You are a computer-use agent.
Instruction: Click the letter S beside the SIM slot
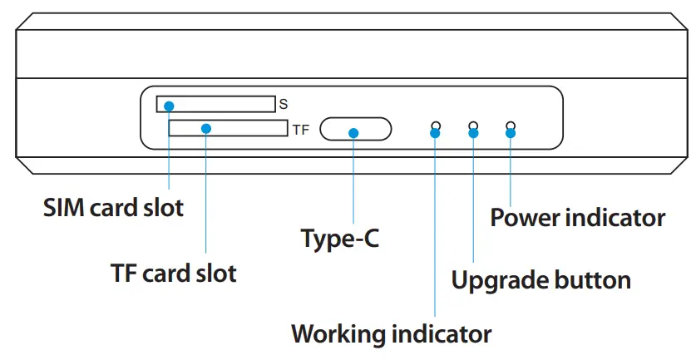tap(283, 105)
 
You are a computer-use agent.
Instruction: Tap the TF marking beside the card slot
tap(299, 130)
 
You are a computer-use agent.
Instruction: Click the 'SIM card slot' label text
tap(113, 207)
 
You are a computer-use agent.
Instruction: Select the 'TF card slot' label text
tap(173, 273)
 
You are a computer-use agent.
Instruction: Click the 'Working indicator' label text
tap(391, 334)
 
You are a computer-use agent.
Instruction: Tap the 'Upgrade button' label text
tap(541, 279)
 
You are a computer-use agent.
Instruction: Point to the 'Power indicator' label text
tap(577, 218)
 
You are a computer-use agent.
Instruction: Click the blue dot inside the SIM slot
tap(169, 106)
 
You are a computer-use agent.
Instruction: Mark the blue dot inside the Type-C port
tap(353, 133)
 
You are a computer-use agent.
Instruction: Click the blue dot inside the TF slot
tap(206, 128)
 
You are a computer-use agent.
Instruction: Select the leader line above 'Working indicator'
tap(435, 233)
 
